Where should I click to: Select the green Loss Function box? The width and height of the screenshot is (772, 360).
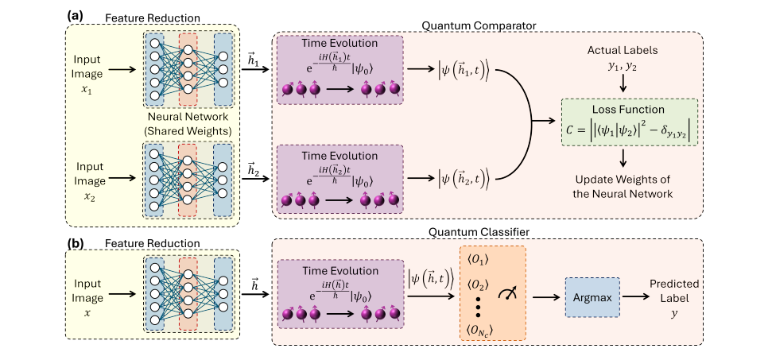coord(629,122)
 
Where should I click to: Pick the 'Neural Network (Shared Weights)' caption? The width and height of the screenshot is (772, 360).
coord(187,126)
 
